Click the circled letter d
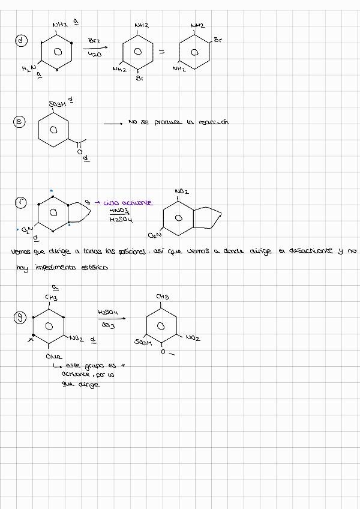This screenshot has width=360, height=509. (x=22, y=41)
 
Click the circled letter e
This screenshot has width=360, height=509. (x=19, y=122)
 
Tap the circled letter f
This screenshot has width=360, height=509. (x=21, y=203)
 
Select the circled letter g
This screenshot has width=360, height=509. (x=20, y=318)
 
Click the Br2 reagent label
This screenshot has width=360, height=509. (x=94, y=41)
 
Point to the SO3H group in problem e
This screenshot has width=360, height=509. (x=58, y=106)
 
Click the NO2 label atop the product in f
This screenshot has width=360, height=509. (x=182, y=191)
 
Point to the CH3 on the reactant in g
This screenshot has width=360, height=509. (x=51, y=297)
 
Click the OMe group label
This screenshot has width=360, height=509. (x=53, y=357)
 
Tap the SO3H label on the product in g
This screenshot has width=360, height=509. (x=143, y=342)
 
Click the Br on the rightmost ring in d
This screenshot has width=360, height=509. (x=218, y=41)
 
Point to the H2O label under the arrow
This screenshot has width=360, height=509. (x=94, y=54)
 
